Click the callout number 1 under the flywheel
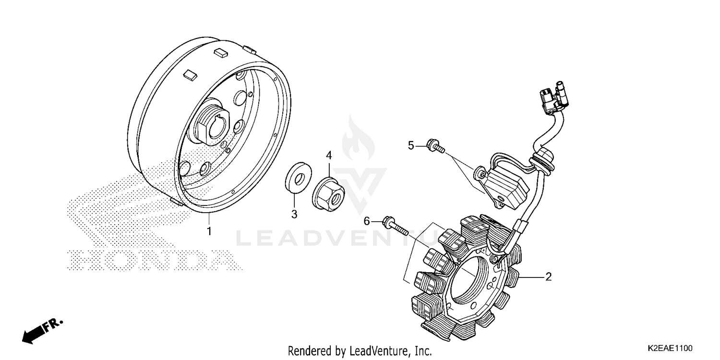(209, 231)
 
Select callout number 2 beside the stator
(548, 277)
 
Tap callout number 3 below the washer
(294, 214)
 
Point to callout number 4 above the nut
(329, 155)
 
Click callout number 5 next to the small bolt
(411, 145)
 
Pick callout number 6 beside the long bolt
(367, 221)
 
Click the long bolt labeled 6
(396, 227)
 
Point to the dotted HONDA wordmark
(154, 260)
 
